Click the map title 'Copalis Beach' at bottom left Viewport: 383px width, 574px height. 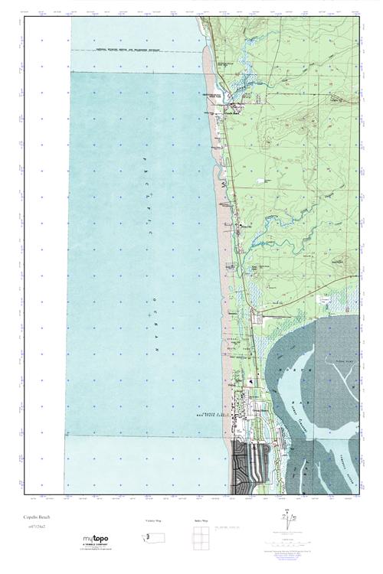pos(36,517)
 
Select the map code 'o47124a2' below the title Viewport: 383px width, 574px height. pos(34,527)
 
